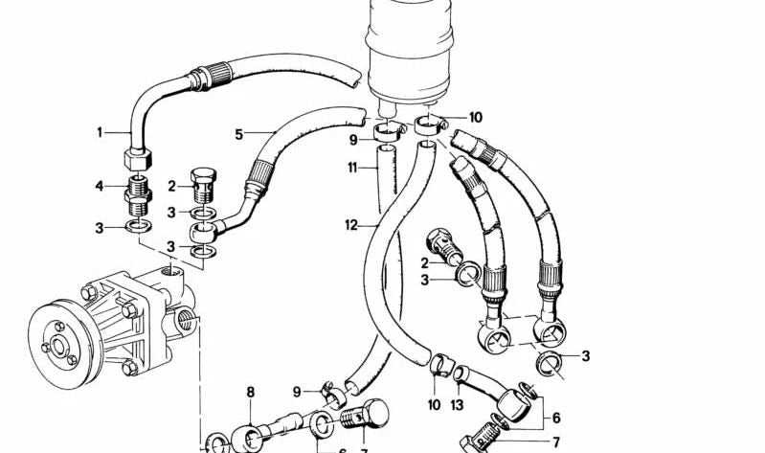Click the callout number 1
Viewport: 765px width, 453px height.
(100, 132)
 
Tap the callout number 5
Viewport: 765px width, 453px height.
(238, 134)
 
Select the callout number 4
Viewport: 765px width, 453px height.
(100, 186)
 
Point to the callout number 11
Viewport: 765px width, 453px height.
(352, 169)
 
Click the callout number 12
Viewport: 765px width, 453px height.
(351, 225)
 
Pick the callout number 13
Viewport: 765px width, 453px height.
(457, 405)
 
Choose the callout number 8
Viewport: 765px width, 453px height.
(250, 392)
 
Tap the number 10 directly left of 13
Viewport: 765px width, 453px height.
(435, 405)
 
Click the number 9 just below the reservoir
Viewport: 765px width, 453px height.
(353, 141)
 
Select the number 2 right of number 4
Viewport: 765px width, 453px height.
(171, 186)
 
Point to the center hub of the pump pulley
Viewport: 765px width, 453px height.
(59, 346)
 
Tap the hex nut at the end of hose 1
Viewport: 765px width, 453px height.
(137, 158)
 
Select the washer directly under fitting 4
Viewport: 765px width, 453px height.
(139, 226)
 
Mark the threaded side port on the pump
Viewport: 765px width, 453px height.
(187, 321)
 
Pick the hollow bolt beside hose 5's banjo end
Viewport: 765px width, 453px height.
(203, 185)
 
